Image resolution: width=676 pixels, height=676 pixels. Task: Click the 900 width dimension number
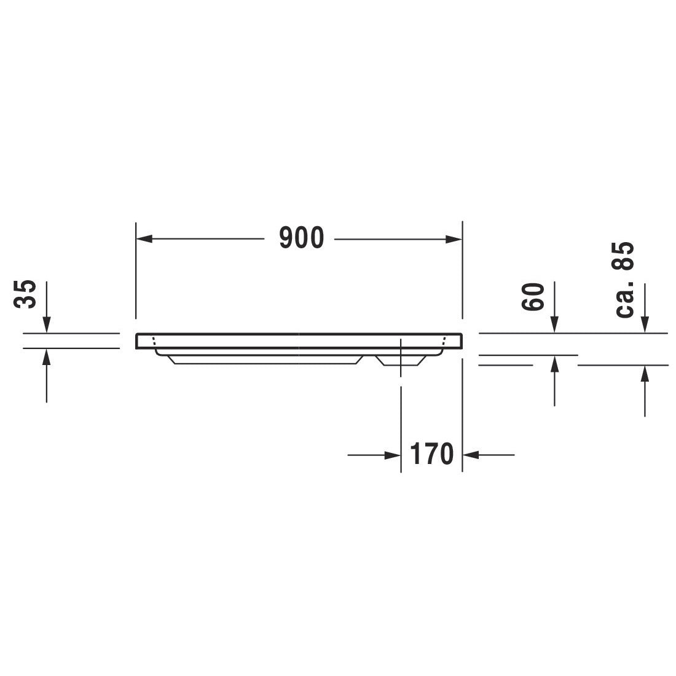point(301,238)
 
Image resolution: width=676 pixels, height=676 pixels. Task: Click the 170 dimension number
point(431,455)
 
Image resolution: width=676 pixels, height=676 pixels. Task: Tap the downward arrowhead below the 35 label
point(47,326)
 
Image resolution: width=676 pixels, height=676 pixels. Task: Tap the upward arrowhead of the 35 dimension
point(47,356)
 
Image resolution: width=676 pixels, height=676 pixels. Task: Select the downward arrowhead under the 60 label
point(554,326)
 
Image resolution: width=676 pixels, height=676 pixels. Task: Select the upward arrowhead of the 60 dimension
point(554,363)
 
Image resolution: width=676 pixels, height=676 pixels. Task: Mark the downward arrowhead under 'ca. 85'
point(645,326)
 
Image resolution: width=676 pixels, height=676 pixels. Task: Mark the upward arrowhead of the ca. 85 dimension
point(645,373)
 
